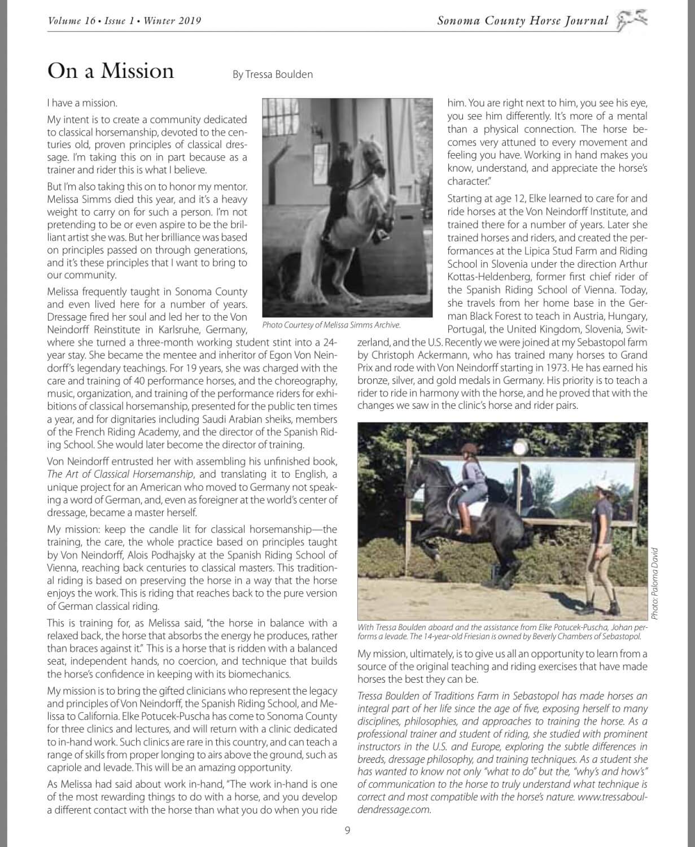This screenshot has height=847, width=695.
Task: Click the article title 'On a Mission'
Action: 111,71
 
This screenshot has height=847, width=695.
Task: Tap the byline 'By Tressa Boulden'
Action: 272,74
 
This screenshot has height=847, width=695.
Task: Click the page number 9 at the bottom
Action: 347,829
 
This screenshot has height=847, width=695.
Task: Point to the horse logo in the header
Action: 631,21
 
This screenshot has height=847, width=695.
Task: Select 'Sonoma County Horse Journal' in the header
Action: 522,21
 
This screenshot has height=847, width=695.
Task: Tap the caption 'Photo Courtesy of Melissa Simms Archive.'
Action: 331,325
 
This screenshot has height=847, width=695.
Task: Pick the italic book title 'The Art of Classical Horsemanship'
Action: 120,474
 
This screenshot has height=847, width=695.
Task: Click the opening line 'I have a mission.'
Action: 82,103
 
